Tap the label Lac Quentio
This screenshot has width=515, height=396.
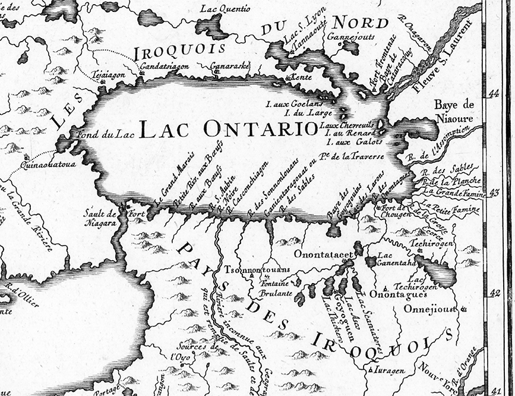coord(226,9)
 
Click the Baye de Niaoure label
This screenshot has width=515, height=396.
coord(454,111)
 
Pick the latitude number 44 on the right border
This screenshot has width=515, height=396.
coord(494,95)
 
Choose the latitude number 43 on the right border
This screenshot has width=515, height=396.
coord(494,194)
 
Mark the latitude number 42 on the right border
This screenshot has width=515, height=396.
coord(494,293)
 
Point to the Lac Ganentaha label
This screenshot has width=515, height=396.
coord(390,262)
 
